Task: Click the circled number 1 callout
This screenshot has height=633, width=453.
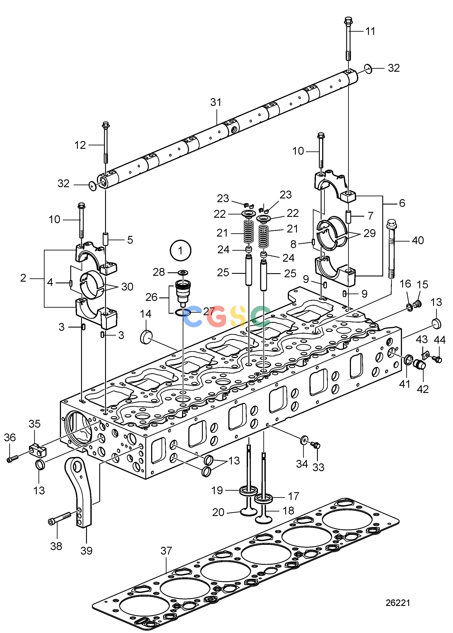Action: tap(181, 250)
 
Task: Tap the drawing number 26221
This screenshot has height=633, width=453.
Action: tap(398, 603)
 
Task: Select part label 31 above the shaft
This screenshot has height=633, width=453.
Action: tap(216, 102)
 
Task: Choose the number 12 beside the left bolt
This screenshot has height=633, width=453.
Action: tap(80, 145)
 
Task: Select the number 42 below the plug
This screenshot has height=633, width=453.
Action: tap(423, 389)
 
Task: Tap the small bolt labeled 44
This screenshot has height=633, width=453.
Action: tap(437, 360)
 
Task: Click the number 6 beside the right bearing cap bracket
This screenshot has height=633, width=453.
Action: tap(402, 203)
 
